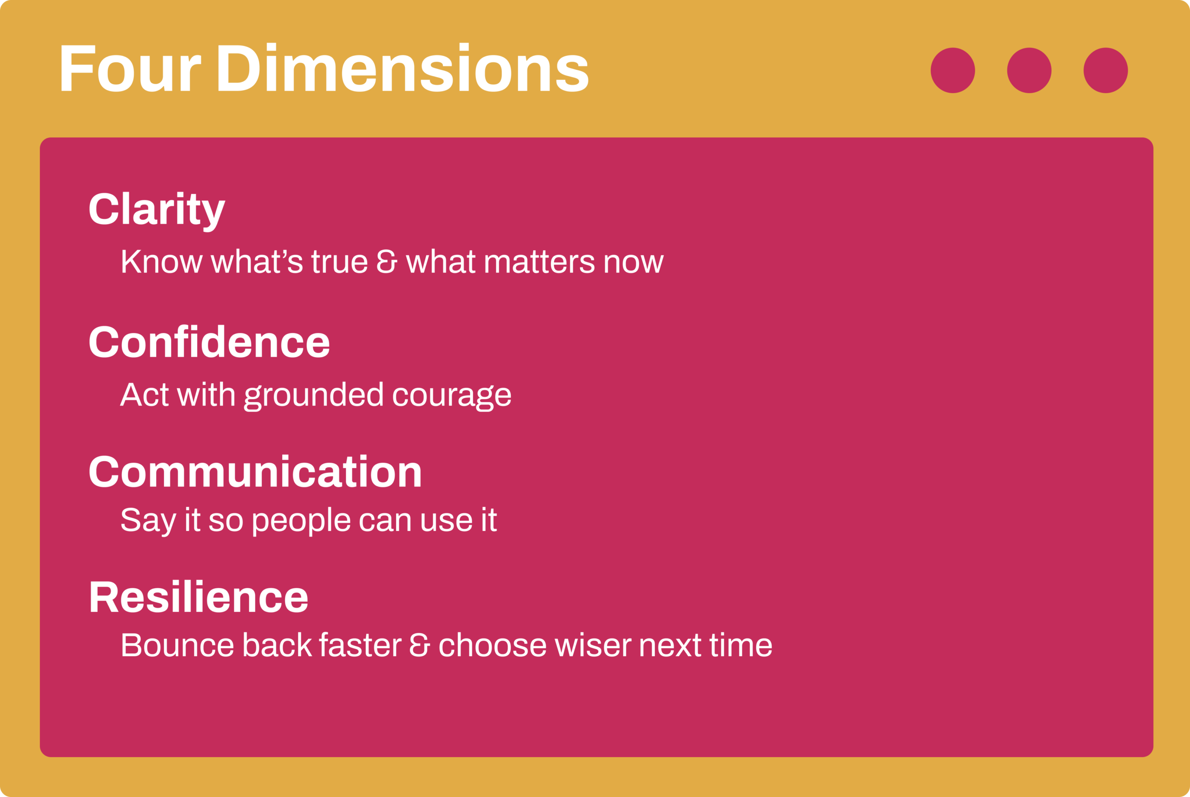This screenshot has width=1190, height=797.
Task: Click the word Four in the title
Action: tap(131, 68)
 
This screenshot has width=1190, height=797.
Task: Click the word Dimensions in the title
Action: tap(403, 67)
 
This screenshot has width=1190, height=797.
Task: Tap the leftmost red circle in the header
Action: tap(953, 70)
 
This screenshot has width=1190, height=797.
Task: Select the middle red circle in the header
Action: tap(1030, 70)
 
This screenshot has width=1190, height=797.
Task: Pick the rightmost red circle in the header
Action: tap(1106, 70)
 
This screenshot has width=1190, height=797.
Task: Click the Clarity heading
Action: tap(157, 212)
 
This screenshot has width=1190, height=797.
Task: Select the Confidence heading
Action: tap(209, 341)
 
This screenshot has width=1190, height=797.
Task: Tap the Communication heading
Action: tap(256, 471)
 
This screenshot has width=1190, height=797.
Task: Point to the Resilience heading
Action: tap(199, 596)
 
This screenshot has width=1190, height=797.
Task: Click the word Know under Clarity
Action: tap(162, 261)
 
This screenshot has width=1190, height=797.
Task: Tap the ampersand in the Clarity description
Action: tap(387, 261)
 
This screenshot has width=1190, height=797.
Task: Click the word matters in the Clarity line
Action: tap(540, 261)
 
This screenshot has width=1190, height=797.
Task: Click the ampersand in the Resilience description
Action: tap(420, 644)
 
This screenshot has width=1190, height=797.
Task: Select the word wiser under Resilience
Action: tap(593, 644)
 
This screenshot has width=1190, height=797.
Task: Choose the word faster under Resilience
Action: tap(360, 644)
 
